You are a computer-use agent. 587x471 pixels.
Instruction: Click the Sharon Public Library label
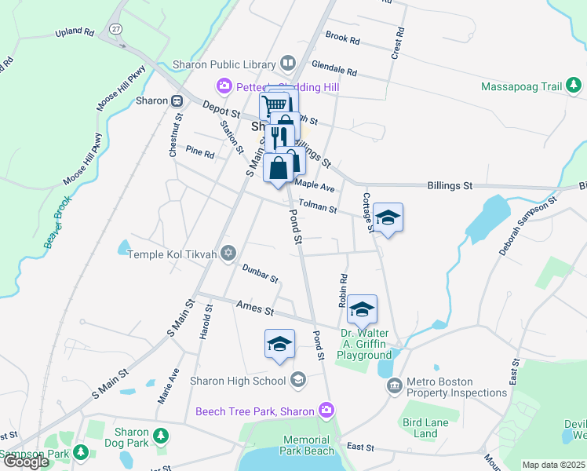[224, 64]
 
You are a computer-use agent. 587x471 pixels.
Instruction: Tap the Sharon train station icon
[178, 100]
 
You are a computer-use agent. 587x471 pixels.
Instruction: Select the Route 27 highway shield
[116, 28]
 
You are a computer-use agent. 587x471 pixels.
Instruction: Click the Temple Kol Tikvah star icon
[228, 253]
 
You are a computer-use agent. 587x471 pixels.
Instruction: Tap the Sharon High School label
[238, 381]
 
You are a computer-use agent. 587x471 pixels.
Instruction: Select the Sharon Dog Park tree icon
[160, 435]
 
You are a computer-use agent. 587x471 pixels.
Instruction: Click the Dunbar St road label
[259, 273]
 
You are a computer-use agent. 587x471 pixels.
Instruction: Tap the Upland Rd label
[75, 33]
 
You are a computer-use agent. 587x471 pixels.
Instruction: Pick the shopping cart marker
[275, 105]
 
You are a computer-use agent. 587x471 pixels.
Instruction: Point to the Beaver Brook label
[57, 225]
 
